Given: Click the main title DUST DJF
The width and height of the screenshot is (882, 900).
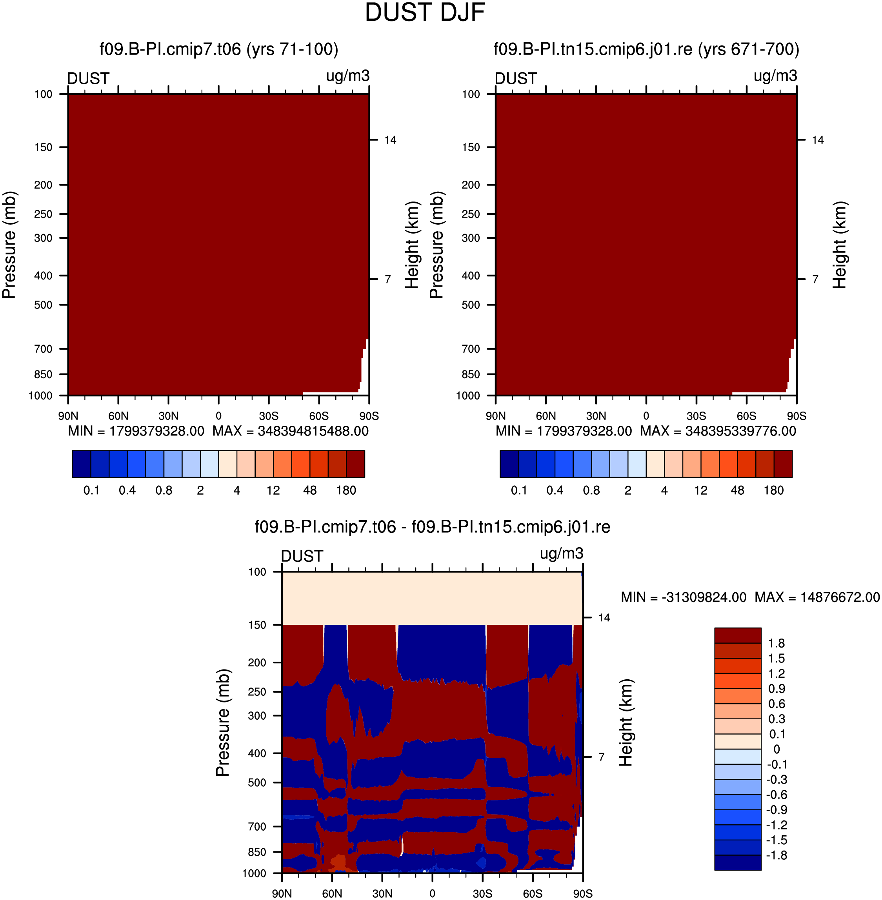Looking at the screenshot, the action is [x=424, y=13].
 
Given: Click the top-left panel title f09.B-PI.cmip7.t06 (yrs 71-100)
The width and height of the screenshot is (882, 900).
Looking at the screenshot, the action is [x=219, y=49].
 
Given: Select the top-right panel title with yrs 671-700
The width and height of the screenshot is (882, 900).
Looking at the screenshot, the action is [x=646, y=49].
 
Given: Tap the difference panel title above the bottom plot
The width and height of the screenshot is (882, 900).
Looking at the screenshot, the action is [x=432, y=527].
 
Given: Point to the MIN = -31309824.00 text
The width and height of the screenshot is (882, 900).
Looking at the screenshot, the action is [x=684, y=597].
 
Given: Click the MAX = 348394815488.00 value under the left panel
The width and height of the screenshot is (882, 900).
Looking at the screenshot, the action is [x=291, y=431].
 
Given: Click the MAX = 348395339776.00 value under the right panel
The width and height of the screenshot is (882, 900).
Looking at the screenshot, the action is [x=718, y=431].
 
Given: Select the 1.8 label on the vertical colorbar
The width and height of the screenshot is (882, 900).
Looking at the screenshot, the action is [x=777, y=643].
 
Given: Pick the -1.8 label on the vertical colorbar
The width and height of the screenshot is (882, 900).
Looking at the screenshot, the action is [x=777, y=855].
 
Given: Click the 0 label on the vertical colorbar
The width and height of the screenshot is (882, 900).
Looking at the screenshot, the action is [x=777, y=749].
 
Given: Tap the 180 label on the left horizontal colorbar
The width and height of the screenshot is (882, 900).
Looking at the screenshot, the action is [x=346, y=490].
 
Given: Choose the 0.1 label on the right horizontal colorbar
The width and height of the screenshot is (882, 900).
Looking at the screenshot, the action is [x=519, y=490].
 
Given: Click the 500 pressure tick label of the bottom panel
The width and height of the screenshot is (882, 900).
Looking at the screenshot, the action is [x=257, y=782].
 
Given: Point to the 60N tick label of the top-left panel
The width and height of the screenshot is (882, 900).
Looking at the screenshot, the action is [x=118, y=416].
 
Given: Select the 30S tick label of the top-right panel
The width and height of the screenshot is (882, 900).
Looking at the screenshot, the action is [x=696, y=416].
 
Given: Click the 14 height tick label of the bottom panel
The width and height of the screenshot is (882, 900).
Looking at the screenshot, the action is [x=604, y=618].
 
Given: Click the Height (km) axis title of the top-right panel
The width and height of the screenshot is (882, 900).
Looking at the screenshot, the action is [x=839, y=245].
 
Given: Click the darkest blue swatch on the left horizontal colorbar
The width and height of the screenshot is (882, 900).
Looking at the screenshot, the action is [x=82, y=464].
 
